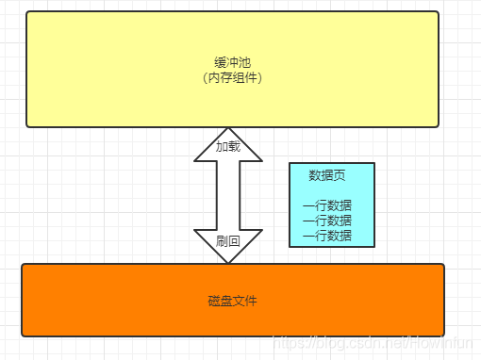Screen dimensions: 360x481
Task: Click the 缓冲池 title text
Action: (x=232, y=62)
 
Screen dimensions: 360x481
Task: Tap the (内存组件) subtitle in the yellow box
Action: (x=232, y=77)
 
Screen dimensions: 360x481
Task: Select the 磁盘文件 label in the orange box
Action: (x=232, y=301)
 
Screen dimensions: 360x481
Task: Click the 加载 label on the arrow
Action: (x=227, y=147)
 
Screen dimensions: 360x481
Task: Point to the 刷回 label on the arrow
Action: (x=227, y=241)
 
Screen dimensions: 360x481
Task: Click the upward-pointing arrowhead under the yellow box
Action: (x=227, y=141)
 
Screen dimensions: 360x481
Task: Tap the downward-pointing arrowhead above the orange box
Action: (x=227, y=247)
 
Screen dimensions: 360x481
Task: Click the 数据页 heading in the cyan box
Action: (x=326, y=176)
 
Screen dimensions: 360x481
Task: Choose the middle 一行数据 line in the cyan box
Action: (x=326, y=221)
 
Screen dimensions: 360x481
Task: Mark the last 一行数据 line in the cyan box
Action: (x=326, y=235)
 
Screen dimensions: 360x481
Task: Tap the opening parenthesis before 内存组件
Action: (x=205, y=77)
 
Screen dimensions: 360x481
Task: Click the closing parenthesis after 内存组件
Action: (x=259, y=77)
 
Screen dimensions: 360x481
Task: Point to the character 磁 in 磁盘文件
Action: (x=214, y=301)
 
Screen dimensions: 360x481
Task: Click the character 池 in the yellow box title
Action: (x=244, y=62)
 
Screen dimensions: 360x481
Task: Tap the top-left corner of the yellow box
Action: (x=28, y=13)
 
